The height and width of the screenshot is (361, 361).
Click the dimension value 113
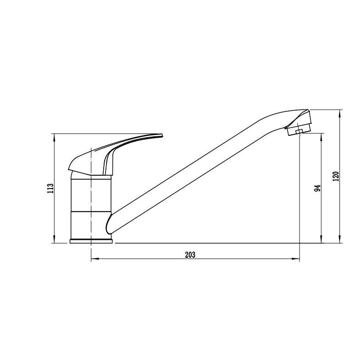pos(50,188)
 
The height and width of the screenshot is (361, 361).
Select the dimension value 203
pos(190,255)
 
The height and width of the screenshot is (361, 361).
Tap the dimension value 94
pos(317,188)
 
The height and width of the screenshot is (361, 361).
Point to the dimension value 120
pos(336,176)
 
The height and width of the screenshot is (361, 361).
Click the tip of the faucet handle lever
pos(162,135)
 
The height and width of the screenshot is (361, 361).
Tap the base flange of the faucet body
pos(91,241)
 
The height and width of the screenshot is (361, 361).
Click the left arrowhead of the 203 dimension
pos(95,259)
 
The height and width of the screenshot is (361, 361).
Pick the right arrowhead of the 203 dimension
pos(295,259)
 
